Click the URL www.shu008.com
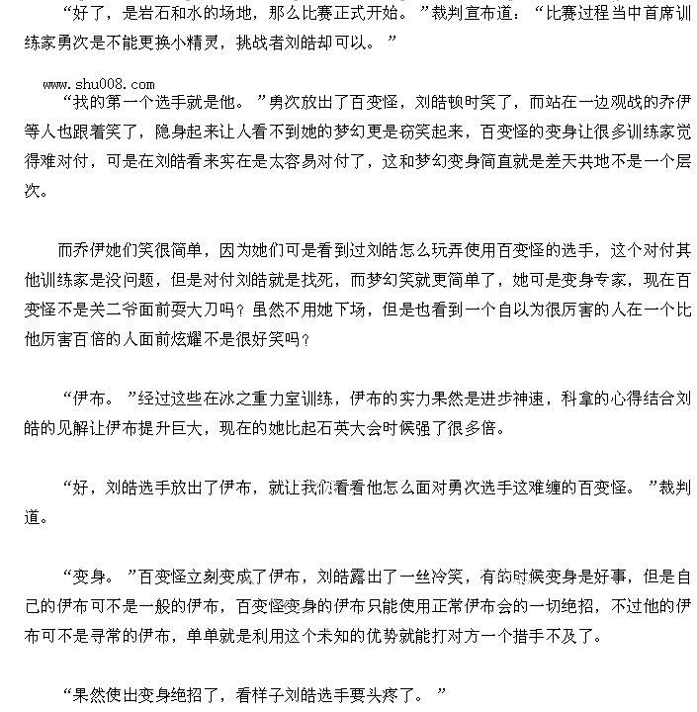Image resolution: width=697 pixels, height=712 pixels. [x=99, y=84]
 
